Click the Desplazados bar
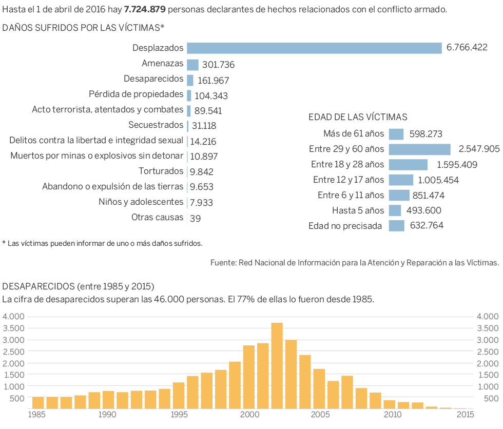(x=314, y=48)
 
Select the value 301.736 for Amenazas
(x=218, y=65)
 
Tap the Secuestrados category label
(x=156, y=125)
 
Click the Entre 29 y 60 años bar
(x=419, y=149)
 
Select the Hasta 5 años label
(x=358, y=210)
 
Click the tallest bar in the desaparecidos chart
(x=277, y=365)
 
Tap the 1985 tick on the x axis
(x=35, y=414)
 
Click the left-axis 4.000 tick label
(x=13, y=317)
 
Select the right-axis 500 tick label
(x=489, y=399)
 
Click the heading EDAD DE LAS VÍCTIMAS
(x=358, y=117)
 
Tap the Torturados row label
(x=161, y=171)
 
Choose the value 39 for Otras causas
(x=195, y=218)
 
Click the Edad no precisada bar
(x=396, y=226)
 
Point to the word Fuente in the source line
(x=222, y=263)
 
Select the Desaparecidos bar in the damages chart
(x=190, y=80)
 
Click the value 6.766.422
(x=467, y=48)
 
